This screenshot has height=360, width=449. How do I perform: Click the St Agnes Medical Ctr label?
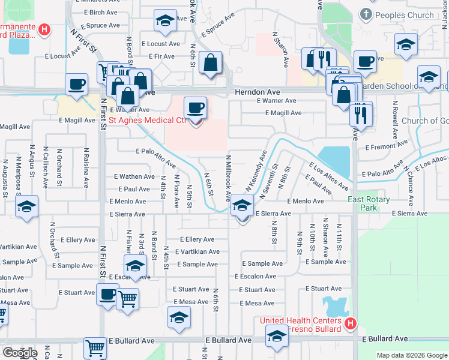point(148,120)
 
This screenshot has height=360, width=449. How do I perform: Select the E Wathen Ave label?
point(134,176)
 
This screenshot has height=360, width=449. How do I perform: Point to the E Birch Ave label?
point(100,13)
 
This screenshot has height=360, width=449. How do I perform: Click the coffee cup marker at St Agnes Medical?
point(195,108)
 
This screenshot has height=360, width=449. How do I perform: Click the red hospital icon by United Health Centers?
point(351,324)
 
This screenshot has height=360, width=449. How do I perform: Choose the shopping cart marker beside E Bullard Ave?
point(95,347)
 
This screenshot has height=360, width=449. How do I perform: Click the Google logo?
point(20,353)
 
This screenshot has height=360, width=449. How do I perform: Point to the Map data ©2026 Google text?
point(411,355)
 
